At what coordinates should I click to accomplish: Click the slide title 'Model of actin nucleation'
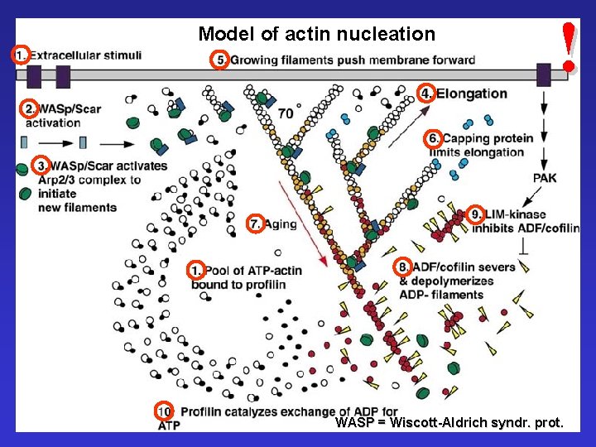316,34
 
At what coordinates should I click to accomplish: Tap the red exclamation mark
568,46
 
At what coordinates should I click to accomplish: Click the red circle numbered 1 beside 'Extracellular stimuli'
22,55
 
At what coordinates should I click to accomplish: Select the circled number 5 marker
219,60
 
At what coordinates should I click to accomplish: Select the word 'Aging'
281,223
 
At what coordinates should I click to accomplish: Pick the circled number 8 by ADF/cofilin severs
403,267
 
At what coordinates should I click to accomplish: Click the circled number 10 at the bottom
165,411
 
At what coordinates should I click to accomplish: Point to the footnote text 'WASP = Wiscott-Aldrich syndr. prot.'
449,423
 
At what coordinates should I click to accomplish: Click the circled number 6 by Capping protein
431,138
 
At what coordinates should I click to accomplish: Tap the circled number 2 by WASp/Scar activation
30,108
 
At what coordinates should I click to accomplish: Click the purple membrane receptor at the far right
543,74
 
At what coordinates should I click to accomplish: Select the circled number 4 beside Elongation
425,93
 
